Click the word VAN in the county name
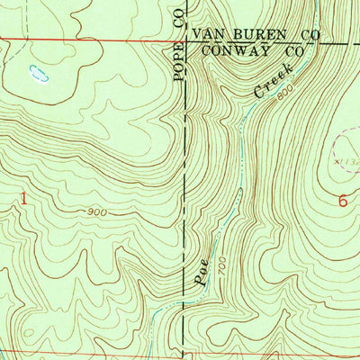click(x=210, y=35)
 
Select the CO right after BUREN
click(x=310, y=35)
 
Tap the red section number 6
click(x=343, y=201)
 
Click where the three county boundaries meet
click(x=185, y=41)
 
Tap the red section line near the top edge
click(x=90, y=40)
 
